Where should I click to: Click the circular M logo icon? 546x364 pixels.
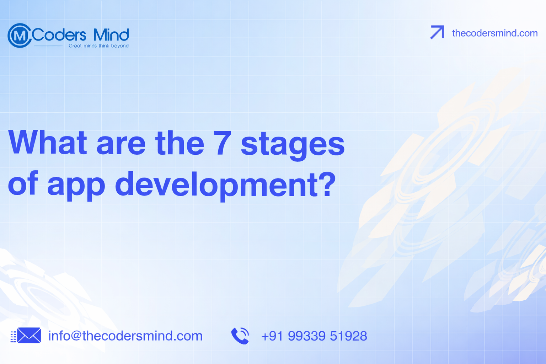click(20, 35)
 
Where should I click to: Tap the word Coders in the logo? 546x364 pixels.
click(59, 35)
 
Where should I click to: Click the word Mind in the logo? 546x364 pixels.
click(111, 35)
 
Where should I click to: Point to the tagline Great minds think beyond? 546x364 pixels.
click(98, 46)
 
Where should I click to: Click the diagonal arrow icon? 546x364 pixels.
click(437, 32)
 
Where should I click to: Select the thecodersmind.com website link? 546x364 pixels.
click(494, 33)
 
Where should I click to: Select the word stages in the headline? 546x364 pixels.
click(293, 145)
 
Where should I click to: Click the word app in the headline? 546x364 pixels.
click(76, 187)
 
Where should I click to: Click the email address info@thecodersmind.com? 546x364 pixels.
click(125, 336)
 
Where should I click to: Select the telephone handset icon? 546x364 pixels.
click(240, 336)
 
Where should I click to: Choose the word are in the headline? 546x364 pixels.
click(121, 146)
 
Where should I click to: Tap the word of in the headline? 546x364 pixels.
click(23, 183)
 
